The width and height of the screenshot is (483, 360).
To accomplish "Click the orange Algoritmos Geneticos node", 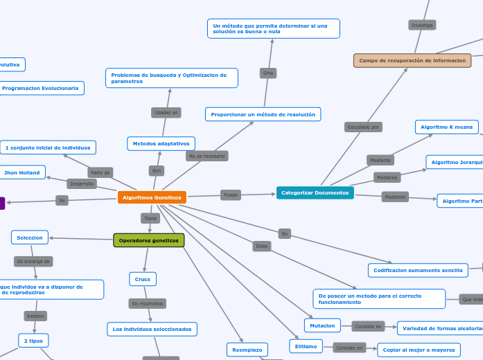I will (152, 197).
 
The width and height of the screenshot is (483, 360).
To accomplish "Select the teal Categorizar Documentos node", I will (315, 192).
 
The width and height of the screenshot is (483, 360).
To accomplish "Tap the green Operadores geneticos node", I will (149, 240).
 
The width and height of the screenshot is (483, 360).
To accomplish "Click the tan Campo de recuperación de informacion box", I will (412, 60).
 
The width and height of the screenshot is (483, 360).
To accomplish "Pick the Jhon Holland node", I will (22, 172).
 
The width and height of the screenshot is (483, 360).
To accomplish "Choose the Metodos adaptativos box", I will (161, 143).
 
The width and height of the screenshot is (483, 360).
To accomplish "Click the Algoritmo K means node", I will (446, 127).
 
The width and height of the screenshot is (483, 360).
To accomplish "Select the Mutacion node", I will (322, 325).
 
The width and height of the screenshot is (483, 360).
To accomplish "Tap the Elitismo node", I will (306, 346).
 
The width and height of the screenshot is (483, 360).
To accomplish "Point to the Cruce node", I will (143, 279).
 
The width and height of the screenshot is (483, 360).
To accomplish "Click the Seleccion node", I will (30, 237).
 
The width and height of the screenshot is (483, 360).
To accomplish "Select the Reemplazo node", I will (247, 350).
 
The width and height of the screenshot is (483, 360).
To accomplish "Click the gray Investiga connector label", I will (422, 25).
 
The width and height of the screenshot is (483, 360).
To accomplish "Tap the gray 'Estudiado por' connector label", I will (363, 127).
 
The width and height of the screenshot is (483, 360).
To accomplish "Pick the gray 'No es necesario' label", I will (207, 156).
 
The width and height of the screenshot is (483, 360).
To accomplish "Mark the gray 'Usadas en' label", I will (166, 112).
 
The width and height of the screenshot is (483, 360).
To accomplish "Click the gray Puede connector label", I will (231, 195).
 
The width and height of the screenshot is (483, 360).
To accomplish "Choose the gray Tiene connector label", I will (150, 218).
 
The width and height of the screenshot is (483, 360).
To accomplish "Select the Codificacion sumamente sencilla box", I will (418, 270).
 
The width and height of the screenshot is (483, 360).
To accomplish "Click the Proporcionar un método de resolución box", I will (263, 114).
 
